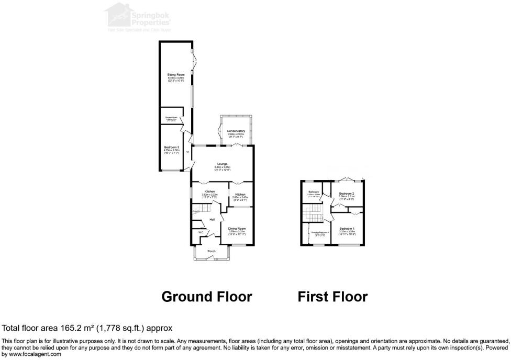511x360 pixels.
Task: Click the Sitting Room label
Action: click(176, 75)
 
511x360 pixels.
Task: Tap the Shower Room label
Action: click(170, 117)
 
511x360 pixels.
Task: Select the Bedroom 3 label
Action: click(172, 147)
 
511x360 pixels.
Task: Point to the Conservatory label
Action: click(236, 130)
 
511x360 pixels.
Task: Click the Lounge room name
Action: click(223, 164)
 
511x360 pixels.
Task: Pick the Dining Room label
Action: click(237, 229)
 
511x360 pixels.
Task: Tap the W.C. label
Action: click(200, 232)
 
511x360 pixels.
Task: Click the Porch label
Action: click(212, 251)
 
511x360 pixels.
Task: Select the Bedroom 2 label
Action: click(347, 194)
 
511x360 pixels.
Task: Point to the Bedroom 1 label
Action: click(347, 229)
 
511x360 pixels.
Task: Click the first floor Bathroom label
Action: click(314, 192)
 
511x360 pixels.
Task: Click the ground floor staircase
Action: click(199, 210)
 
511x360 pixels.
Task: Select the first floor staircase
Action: click(314, 212)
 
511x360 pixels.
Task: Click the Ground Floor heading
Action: click(207, 297)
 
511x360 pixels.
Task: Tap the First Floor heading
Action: click(332, 297)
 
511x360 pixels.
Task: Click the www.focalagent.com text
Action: click(31, 354)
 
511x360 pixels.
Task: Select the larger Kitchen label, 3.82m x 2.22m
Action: click(210, 191)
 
